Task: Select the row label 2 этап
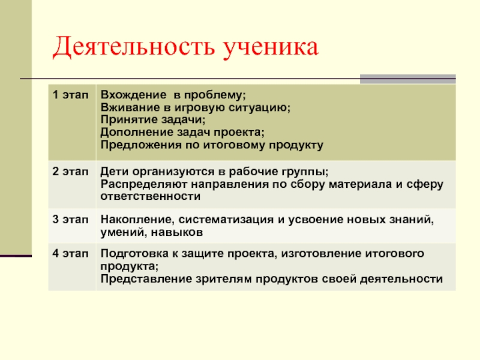70,170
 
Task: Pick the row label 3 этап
70,219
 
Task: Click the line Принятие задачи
145,120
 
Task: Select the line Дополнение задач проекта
181,133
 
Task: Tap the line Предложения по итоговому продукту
212,145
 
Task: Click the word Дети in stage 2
113,170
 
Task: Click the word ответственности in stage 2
150,196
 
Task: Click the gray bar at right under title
408,79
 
